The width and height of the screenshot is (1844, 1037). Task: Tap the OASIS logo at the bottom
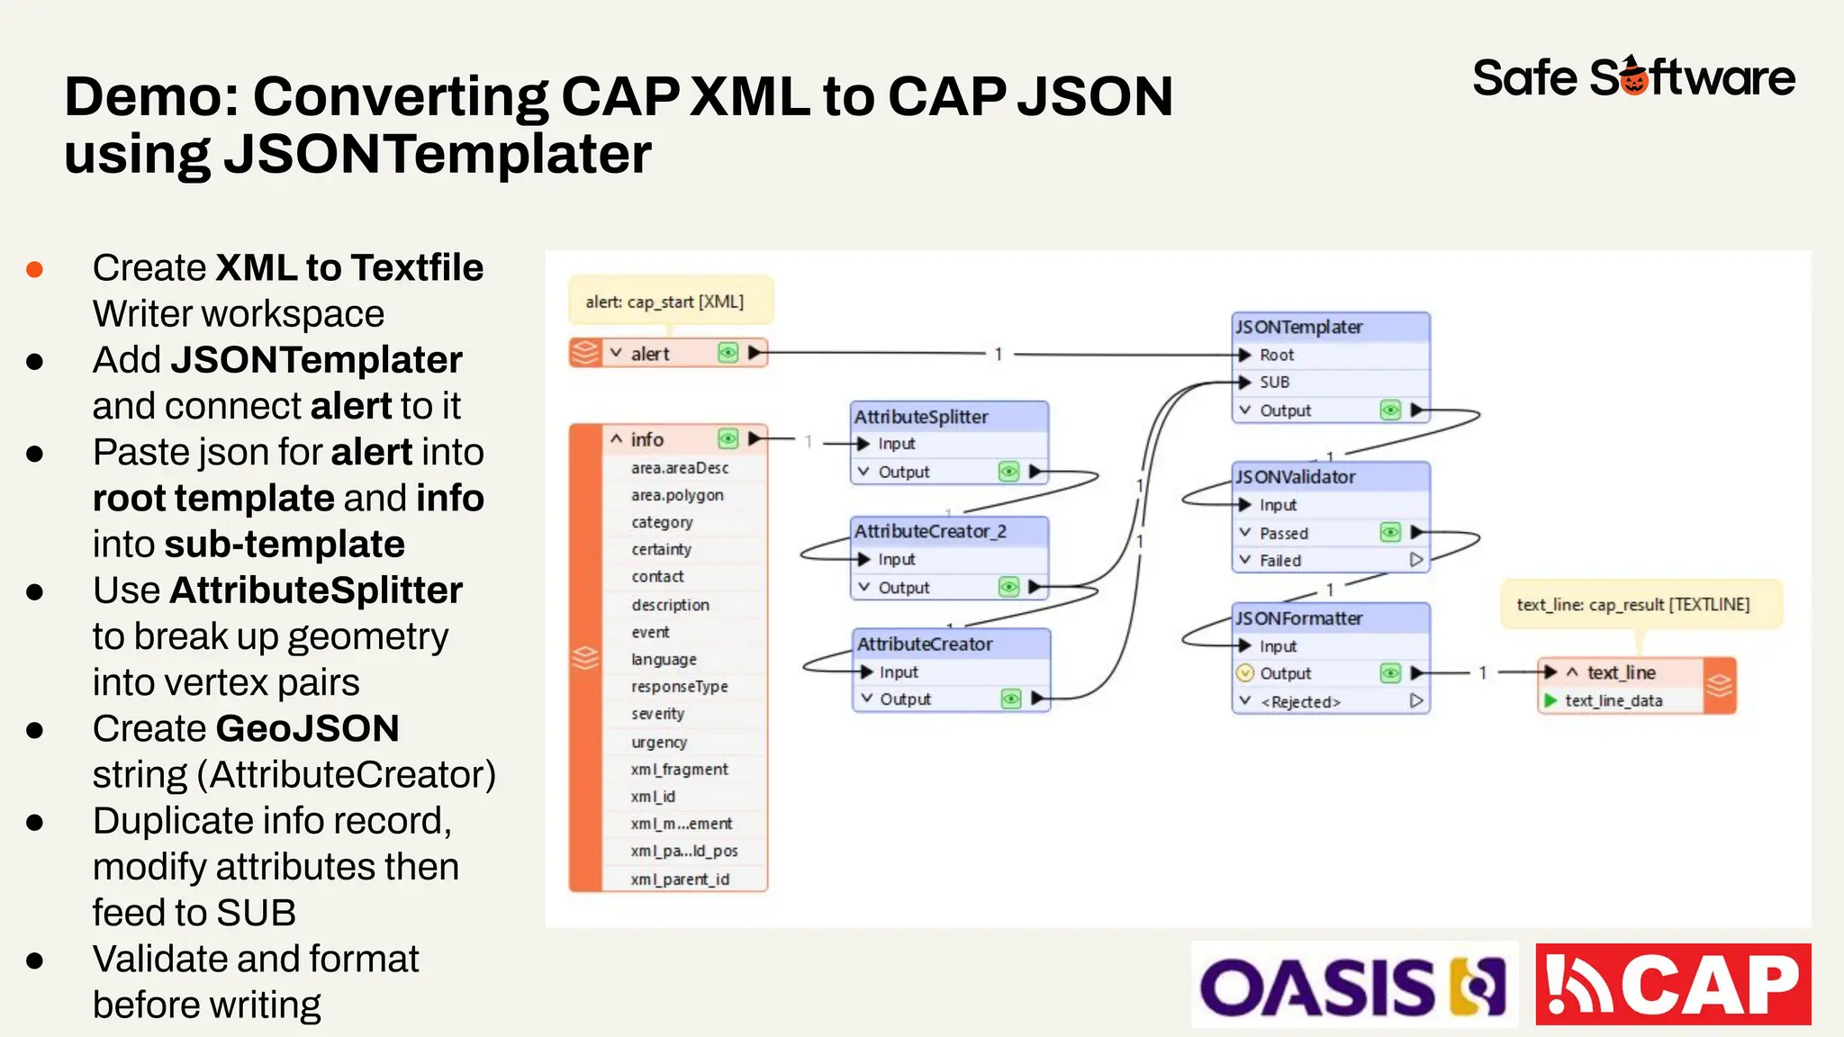1353,986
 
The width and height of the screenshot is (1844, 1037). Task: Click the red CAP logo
1673,985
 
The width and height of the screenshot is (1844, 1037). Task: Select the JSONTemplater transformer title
1298,327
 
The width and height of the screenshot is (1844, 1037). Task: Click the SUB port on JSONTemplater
1274,383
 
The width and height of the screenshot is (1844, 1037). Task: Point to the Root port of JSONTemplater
1276,356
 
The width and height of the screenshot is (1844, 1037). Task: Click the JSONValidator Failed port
1279,561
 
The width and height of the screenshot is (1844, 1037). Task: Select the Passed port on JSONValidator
1283,534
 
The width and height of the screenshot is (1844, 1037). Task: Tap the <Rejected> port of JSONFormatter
1300,702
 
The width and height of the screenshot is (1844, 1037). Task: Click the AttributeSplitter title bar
921,417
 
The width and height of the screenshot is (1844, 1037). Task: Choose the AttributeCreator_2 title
930,532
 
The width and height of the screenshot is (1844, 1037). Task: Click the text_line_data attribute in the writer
1613,701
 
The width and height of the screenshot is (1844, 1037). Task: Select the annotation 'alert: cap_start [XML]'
664,302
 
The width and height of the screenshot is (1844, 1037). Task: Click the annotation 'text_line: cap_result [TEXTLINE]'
1632,605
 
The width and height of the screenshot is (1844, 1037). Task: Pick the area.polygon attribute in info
677,496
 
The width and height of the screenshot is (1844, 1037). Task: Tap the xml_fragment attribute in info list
679,770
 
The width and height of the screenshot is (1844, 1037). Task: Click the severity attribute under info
657,714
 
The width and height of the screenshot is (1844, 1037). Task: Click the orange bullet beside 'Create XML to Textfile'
35,269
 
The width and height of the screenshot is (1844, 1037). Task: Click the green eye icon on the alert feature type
728,353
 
